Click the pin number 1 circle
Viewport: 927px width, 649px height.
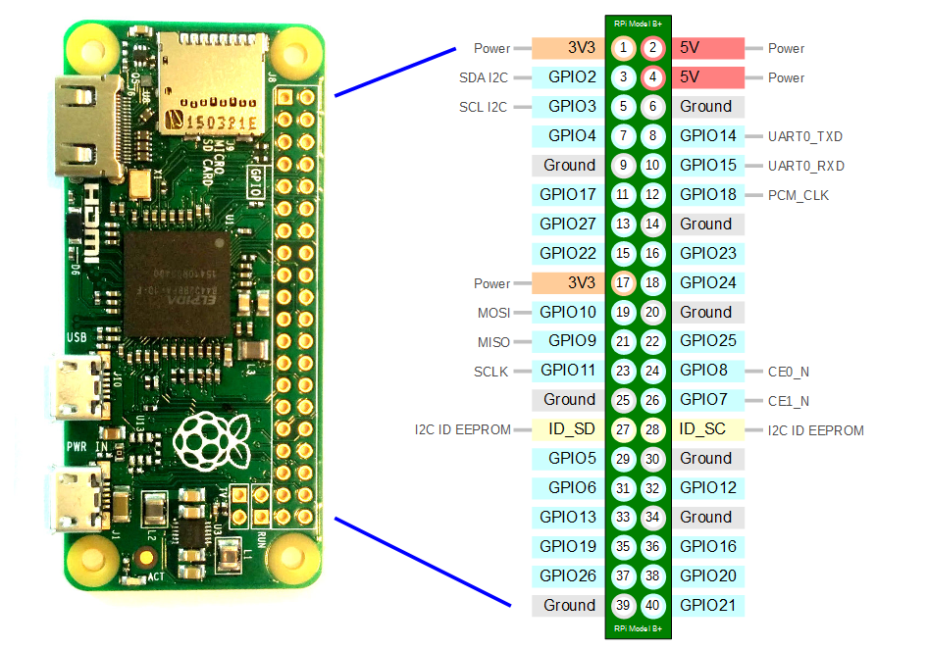(623, 48)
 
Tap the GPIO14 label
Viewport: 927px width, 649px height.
(706, 136)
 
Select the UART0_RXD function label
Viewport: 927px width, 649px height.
(806, 166)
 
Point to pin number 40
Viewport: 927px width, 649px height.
(653, 606)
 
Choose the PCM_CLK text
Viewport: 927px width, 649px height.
(799, 195)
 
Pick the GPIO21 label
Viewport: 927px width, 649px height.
(706, 606)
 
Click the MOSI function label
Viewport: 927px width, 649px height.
(492, 313)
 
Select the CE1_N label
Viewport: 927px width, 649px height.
(790, 400)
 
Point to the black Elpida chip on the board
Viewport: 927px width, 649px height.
(172, 283)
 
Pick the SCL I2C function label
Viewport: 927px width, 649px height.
(483, 107)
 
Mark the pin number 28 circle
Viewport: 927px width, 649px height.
(653, 429)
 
